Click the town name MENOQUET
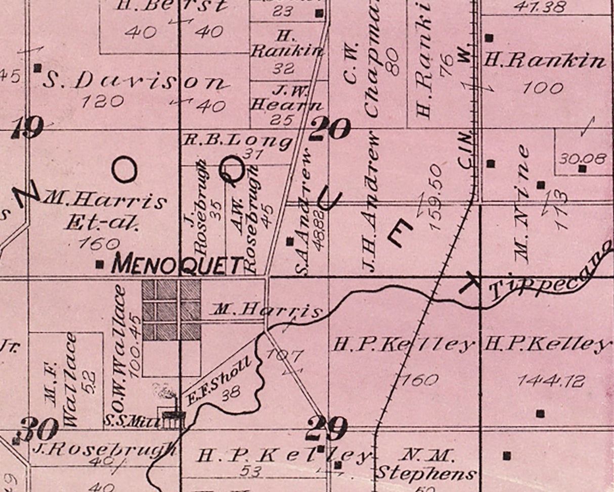(x=178, y=264)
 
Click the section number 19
(x=27, y=128)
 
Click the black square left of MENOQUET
(x=100, y=264)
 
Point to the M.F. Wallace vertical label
(x=61, y=379)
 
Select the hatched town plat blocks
(x=171, y=310)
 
